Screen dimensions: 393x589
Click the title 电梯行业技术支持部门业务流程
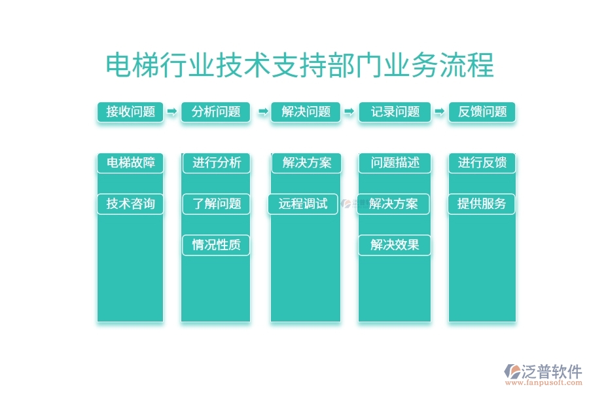300,66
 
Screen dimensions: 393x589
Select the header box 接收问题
130,111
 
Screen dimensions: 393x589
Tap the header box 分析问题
216,111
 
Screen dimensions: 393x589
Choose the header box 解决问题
306,111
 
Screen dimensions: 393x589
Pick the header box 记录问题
395,111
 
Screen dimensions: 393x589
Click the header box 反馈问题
482,111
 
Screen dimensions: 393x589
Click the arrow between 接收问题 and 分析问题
172,112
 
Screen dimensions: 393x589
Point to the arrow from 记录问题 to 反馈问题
438,112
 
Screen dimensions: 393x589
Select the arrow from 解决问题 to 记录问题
349,112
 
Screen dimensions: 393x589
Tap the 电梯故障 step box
130,162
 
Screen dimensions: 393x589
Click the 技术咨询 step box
130,204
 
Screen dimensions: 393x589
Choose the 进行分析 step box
216,162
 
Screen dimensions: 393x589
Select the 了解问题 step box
216,204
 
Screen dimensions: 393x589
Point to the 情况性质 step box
216,245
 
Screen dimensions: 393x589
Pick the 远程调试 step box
302,204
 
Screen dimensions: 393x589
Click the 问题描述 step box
395,162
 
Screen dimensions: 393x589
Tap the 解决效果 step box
395,245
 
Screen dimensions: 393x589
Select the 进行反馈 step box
482,162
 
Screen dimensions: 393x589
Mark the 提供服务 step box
482,204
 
